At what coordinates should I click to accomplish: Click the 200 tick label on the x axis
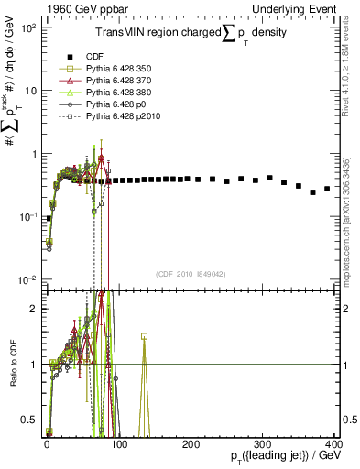[191, 444]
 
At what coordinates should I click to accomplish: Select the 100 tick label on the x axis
[119, 444]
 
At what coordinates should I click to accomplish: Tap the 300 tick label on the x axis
[263, 444]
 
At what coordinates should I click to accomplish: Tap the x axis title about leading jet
[279, 457]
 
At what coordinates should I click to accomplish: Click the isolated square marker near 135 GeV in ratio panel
[144, 336]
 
